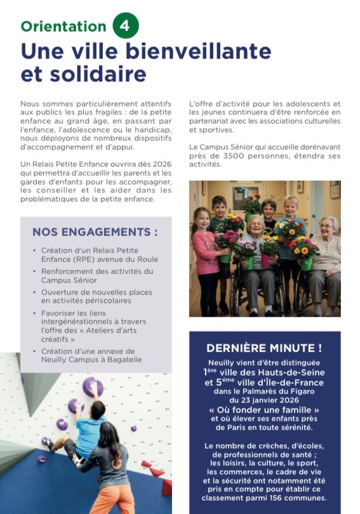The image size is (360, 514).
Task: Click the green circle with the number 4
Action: coord(126,26)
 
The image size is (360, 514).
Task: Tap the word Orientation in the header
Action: coord(63,27)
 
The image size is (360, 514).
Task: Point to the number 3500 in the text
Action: coord(247,156)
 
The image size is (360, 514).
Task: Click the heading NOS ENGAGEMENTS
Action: coord(95,232)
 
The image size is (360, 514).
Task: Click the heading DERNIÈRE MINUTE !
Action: coord(264,348)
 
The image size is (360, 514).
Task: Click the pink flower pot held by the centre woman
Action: coord(266,261)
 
